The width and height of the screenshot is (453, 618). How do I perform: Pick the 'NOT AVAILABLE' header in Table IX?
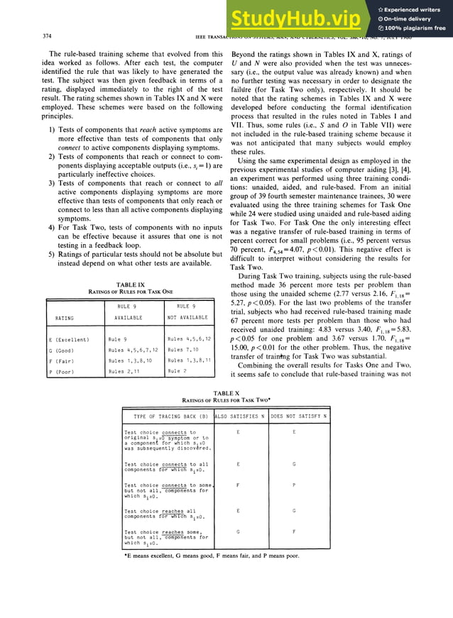point(187,318)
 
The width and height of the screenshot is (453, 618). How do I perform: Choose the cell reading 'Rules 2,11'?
point(124,370)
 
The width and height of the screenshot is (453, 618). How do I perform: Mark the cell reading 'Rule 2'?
point(178,370)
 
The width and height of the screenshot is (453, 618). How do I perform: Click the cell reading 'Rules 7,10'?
point(183,350)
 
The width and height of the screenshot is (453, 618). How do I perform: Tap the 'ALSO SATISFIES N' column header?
point(239,415)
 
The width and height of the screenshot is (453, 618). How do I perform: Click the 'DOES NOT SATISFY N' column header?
point(299,415)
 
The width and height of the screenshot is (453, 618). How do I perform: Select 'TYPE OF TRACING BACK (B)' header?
point(165,415)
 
